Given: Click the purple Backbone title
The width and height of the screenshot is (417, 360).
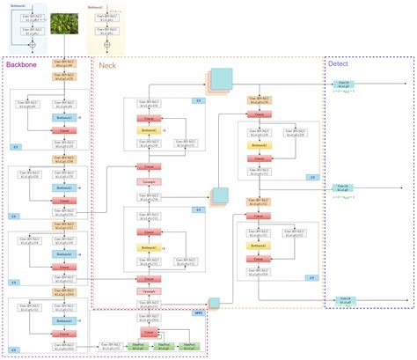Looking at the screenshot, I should (21, 64).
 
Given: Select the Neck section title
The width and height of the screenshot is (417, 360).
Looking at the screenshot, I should (107, 64).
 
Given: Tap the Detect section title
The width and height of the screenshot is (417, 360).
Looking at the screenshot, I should (337, 64).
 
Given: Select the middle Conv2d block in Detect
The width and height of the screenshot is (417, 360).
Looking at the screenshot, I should (343, 187).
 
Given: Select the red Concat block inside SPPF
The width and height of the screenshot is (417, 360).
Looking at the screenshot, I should (150, 334).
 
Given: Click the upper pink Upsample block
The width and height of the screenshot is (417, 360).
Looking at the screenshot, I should (150, 181).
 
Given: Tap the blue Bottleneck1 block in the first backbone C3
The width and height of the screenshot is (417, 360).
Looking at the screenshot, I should (62, 116).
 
